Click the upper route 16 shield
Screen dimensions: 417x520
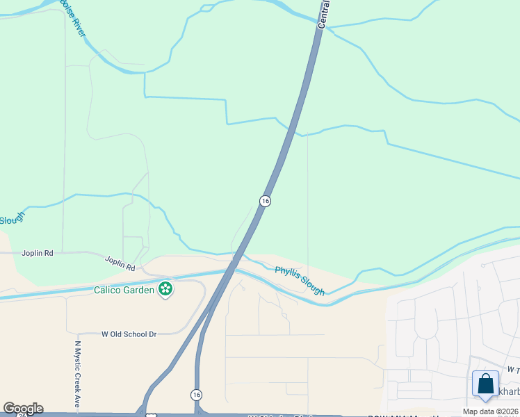[x=265, y=200]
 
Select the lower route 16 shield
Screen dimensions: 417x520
[x=196, y=394]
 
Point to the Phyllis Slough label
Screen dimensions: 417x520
[x=300, y=281]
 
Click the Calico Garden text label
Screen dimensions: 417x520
[x=124, y=290]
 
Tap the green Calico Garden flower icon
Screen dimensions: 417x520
[x=165, y=288]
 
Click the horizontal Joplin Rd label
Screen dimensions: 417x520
[x=38, y=254]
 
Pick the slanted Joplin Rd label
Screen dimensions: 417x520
[x=120, y=263]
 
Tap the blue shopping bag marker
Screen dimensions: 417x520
[x=485, y=384]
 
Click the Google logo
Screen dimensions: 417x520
[x=23, y=409]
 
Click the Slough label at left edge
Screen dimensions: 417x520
[x=12, y=219]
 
